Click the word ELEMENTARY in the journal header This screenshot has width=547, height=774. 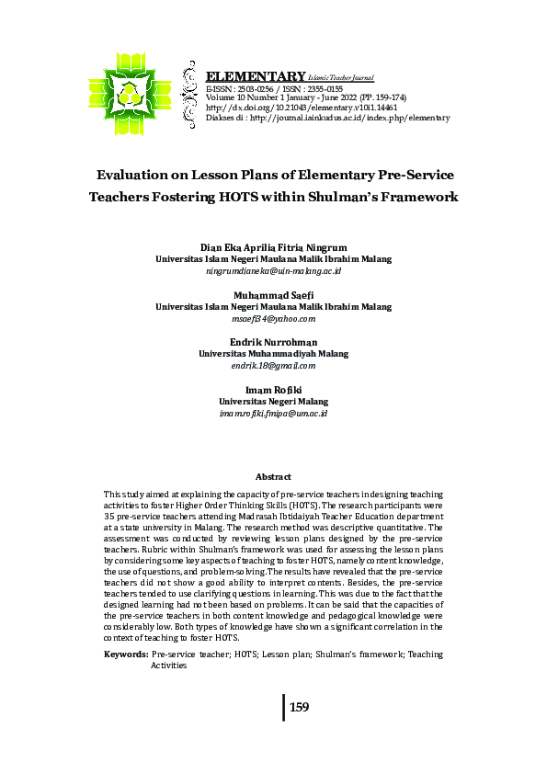pyautogui.click(x=256, y=76)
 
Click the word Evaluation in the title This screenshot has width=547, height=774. pyautogui.click(x=145, y=174)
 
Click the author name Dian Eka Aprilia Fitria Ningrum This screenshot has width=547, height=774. pyautogui.click(x=273, y=248)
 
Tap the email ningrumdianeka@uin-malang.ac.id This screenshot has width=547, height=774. pyautogui.click(x=273, y=272)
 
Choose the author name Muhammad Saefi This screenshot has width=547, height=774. pyautogui.click(x=273, y=295)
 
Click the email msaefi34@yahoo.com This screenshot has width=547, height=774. pyautogui.click(x=273, y=319)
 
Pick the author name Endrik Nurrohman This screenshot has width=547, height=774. pyautogui.click(x=273, y=342)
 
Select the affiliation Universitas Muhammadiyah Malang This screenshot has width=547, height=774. pyautogui.click(x=273, y=354)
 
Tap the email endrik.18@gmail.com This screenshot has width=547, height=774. pyautogui.click(x=273, y=366)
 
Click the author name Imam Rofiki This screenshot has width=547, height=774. pyautogui.click(x=273, y=390)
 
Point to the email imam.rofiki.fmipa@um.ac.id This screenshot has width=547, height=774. pyautogui.click(x=273, y=414)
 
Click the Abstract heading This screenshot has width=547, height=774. pyautogui.click(x=273, y=477)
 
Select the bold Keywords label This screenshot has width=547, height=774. pyautogui.click(x=126, y=654)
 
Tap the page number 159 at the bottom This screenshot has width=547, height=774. pyautogui.click(x=299, y=708)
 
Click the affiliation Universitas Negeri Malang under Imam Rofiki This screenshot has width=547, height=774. pyautogui.click(x=273, y=402)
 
